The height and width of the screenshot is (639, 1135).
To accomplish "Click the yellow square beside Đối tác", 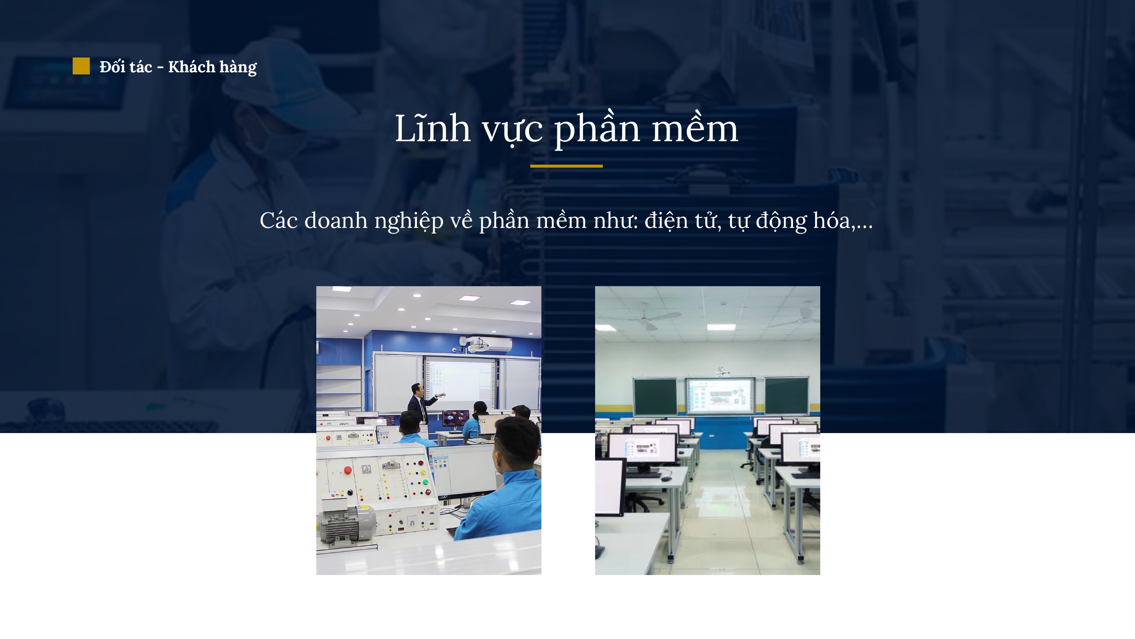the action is tap(81, 66).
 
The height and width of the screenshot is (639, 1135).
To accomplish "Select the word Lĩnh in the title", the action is tap(432, 128).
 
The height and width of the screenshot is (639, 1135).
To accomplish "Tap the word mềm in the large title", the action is tap(695, 128).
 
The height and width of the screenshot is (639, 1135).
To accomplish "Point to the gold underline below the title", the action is tap(566, 166).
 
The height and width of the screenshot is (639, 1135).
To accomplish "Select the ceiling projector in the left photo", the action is tap(480, 344).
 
